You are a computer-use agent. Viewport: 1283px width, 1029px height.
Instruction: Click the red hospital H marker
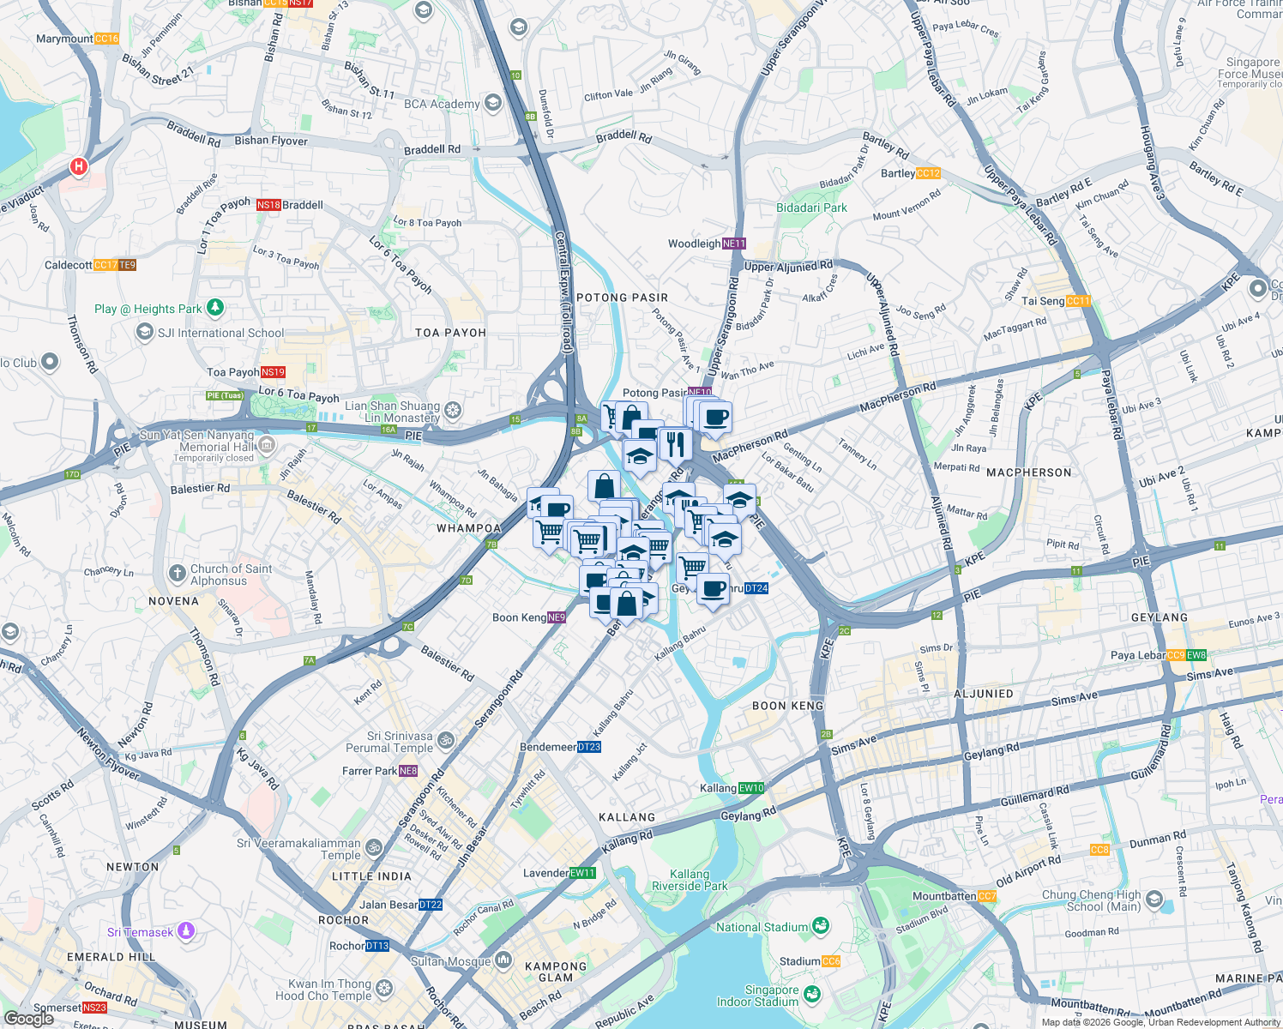79,166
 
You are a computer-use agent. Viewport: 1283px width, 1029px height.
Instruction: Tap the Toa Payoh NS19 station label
246,372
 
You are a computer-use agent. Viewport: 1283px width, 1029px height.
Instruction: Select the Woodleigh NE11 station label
707,244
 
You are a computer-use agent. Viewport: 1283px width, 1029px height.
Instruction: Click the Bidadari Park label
811,208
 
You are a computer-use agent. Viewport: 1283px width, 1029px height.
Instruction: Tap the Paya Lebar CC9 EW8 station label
1158,655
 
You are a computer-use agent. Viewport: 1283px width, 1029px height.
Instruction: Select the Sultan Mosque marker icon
503,960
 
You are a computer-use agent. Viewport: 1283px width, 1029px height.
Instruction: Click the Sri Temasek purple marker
187,931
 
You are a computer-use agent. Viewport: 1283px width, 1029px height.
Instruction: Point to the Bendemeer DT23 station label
560,747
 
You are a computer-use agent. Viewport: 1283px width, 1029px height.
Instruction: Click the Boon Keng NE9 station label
529,617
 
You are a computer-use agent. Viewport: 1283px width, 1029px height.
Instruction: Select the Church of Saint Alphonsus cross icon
177,573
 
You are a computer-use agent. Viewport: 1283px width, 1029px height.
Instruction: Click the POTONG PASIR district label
622,298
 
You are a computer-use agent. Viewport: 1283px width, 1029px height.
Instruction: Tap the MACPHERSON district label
1028,472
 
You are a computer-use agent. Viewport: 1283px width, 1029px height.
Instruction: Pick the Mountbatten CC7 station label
954,896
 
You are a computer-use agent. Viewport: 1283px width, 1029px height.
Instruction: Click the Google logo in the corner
28,1019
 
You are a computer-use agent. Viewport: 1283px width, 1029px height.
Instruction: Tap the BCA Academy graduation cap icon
492,104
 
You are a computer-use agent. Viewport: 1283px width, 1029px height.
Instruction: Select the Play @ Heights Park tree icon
215,307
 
